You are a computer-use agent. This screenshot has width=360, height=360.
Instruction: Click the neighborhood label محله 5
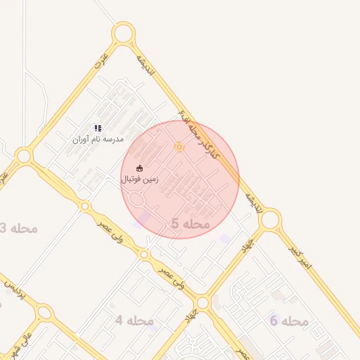click(x=190, y=224)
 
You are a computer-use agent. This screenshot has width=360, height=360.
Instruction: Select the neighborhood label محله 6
click(x=288, y=321)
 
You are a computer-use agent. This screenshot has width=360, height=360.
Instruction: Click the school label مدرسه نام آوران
click(x=98, y=139)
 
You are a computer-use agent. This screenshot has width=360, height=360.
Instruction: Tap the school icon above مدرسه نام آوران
click(x=98, y=128)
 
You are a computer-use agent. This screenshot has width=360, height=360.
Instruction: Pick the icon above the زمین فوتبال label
click(x=139, y=168)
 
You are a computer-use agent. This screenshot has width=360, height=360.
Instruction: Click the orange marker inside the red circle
click(x=179, y=147)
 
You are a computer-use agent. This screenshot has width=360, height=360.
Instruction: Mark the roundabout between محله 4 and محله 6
click(x=202, y=303)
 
